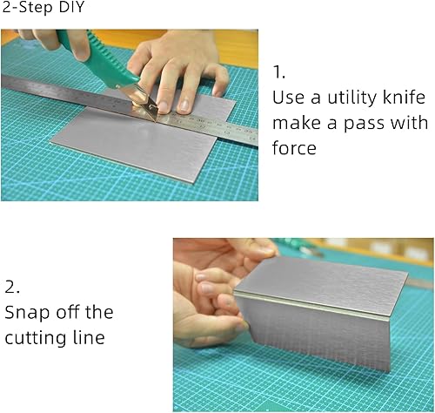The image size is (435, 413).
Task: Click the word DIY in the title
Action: [x=63, y=10]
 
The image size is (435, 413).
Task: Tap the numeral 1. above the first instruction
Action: [x=279, y=71]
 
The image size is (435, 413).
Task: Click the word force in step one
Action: [x=294, y=148]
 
